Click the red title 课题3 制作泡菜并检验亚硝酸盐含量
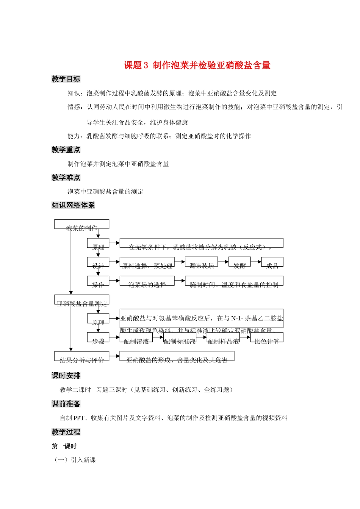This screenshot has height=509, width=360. pyautogui.click(x=197, y=66)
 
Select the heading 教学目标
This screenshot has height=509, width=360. pyautogui.click(x=66, y=79)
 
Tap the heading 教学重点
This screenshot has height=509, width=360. pyautogui.click(x=66, y=150)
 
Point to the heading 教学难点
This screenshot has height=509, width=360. pyautogui.click(x=66, y=178)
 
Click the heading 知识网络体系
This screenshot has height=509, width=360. pyautogui.click(x=73, y=205)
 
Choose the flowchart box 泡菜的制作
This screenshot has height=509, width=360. pyautogui.click(x=82, y=225)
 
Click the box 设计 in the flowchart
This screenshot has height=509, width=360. pyautogui.click(x=98, y=262)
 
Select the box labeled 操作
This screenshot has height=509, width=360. pyautogui.click(x=98, y=281)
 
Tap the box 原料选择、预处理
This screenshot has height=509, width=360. pyautogui.click(x=147, y=262)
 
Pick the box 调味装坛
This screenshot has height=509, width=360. pyautogui.click(x=201, y=262)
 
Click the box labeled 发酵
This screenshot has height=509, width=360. pyautogui.click(x=239, y=262)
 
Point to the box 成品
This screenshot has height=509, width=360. pyautogui.click(x=272, y=262)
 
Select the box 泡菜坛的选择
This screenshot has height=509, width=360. pyautogui.click(x=147, y=281)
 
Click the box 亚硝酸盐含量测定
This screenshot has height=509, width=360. pyautogui.click(x=82, y=300)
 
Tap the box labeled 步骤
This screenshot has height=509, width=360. pyautogui.click(x=98, y=337)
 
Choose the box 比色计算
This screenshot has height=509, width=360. pyautogui.click(x=267, y=337)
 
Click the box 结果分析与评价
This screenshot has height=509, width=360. pyautogui.click(x=82, y=356)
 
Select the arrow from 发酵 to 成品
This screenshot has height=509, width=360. pyautogui.click(x=256, y=262)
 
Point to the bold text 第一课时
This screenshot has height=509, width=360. pyautogui.click(x=64, y=447)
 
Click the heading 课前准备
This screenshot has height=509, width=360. pyautogui.click(x=66, y=404)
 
